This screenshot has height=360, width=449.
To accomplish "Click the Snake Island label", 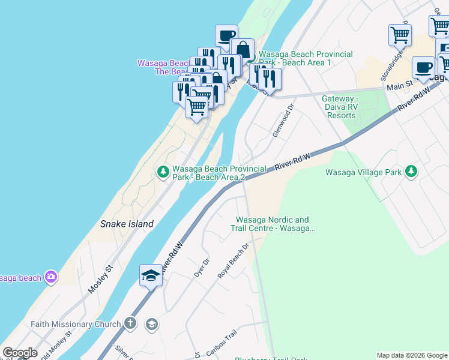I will (x=127, y=224).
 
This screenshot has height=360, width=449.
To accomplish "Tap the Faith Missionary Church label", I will (x=76, y=325).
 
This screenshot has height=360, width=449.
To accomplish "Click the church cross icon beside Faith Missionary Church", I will (x=130, y=324).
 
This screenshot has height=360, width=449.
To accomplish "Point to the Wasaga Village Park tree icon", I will (x=411, y=172).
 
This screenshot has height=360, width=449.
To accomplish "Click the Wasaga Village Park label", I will (x=363, y=172).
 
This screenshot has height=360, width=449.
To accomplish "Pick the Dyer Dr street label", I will (x=202, y=268).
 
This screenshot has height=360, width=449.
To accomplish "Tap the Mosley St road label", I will (x=100, y=280).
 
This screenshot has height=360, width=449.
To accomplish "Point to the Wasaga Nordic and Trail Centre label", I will (x=273, y=224).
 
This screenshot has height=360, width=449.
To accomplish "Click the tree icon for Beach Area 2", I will (x=163, y=172).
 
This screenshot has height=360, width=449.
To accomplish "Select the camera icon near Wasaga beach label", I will (x=51, y=277).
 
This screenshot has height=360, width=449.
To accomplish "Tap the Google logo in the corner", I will (x=20, y=353).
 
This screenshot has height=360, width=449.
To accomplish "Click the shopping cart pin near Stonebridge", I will (x=400, y=34).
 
